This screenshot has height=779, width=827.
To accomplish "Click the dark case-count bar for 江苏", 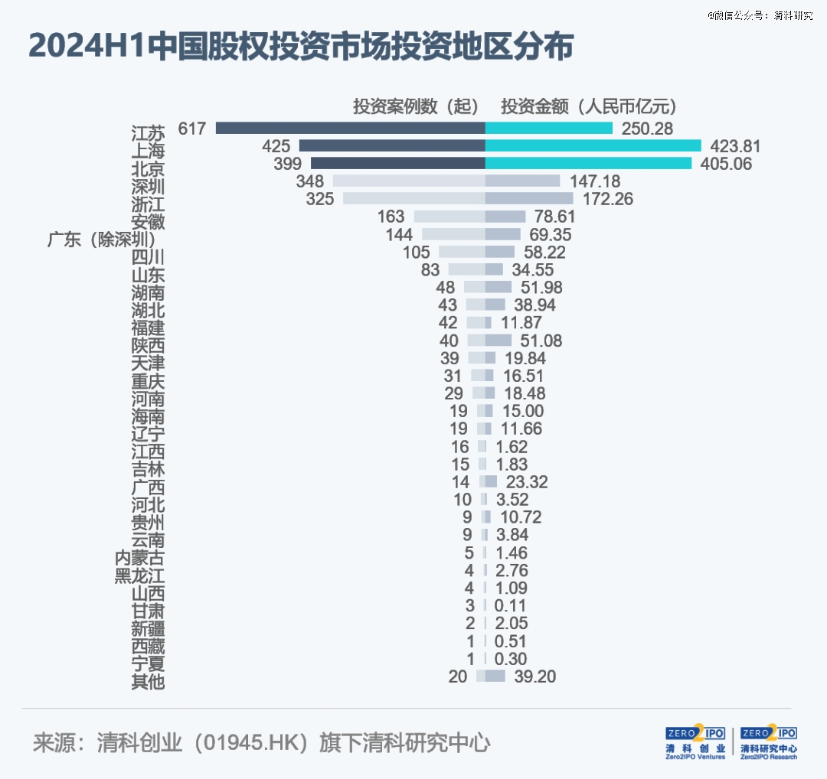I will [350, 128].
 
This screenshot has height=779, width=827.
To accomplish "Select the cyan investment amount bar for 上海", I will [593, 145].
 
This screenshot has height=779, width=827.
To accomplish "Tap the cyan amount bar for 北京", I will [588, 163].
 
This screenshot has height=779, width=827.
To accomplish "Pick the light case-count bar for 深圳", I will [408, 181].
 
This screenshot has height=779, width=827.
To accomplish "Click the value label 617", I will [192, 128].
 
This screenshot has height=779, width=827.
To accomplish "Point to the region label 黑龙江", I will [139, 575].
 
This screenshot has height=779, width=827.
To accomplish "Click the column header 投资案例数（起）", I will [416, 106].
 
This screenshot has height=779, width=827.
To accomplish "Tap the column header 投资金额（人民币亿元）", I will [589, 106].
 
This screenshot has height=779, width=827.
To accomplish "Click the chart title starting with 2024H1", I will [301, 47].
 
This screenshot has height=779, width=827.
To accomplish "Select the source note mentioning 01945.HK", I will [261, 743].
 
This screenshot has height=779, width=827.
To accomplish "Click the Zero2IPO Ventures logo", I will [695, 742].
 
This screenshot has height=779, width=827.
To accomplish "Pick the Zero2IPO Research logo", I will [769, 742].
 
